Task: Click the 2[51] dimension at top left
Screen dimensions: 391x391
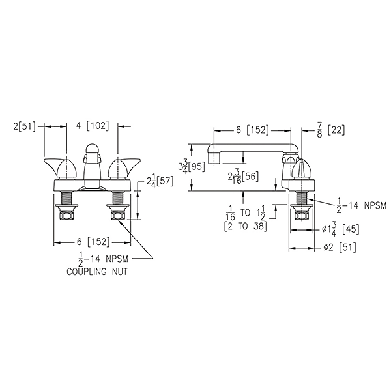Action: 25,126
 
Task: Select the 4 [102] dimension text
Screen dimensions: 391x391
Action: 93,126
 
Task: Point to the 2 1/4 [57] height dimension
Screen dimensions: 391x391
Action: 154,181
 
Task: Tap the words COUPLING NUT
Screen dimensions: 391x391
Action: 96,272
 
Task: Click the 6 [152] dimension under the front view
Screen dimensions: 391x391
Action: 93,239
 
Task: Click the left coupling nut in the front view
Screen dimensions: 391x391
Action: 65,214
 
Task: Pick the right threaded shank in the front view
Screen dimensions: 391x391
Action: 118,197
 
